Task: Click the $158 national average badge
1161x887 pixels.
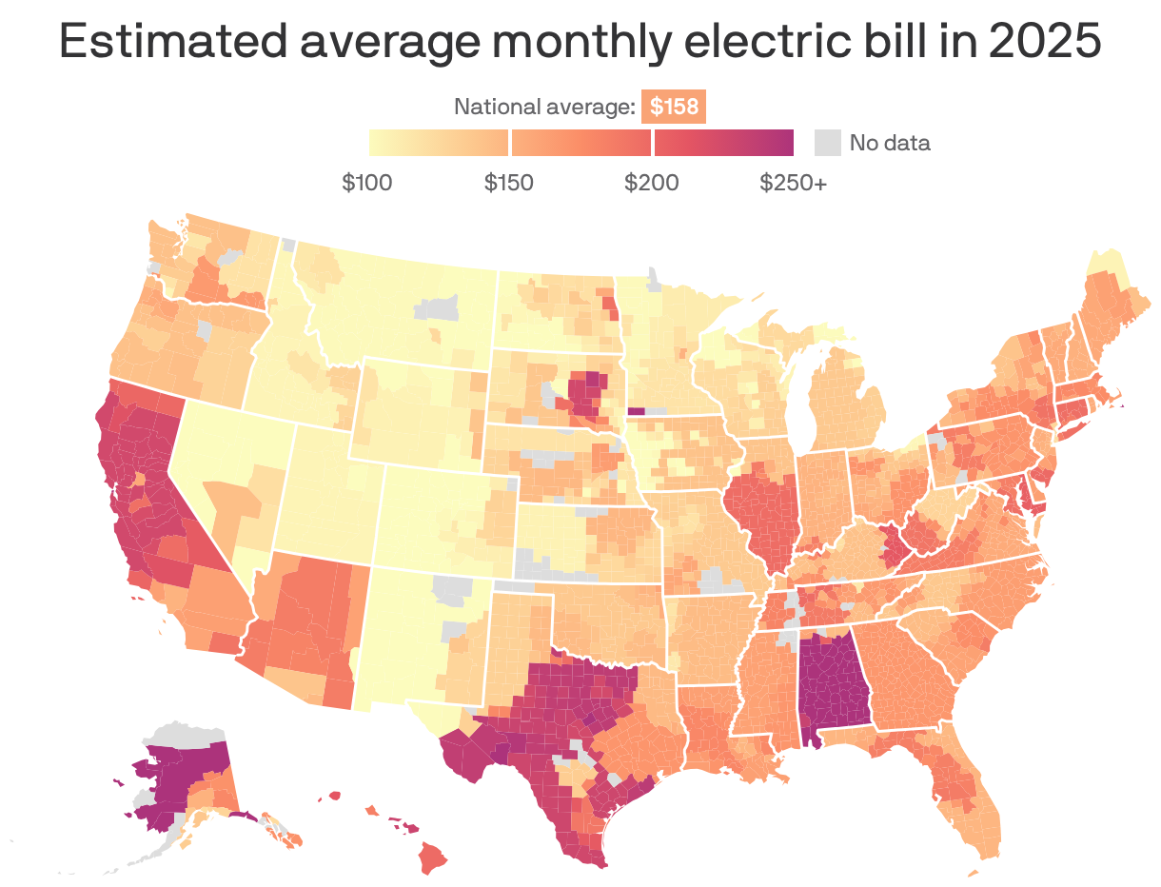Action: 674,107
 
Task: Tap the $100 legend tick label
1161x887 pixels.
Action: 367,182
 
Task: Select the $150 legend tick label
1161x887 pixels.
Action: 508,182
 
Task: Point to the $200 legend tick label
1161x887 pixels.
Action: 652,182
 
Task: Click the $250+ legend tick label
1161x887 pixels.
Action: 793,182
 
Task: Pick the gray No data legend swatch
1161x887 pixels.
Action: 828,143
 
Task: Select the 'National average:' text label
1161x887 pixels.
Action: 544,107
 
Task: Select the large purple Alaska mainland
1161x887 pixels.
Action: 186,771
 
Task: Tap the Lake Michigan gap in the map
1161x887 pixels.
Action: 799,400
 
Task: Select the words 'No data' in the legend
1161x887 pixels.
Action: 890,143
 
